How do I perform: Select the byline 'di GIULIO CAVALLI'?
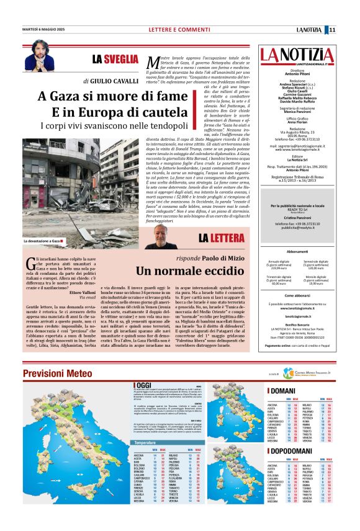(111, 81)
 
